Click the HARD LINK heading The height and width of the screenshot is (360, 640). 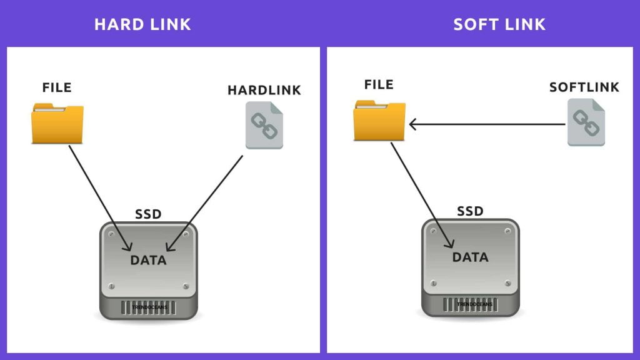(142, 24)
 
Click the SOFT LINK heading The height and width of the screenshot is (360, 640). (499, 24)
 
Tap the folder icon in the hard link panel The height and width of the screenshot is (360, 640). (57, 124)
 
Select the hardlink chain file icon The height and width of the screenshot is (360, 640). (264, 126)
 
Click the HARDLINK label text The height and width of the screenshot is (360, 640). (264, 90)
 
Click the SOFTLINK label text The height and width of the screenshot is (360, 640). (584, 87)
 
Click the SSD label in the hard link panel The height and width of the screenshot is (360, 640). (148, 214)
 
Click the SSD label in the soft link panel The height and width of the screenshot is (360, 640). (470, 211)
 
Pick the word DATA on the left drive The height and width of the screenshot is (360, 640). (148, 260)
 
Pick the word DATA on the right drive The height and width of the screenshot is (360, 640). (470, 257)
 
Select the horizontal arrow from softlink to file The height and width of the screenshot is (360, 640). (487, 124)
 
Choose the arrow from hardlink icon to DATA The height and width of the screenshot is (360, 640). (206, 200)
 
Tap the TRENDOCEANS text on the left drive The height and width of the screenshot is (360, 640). (148, 307)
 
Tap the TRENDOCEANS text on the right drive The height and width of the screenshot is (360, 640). (470, 304)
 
